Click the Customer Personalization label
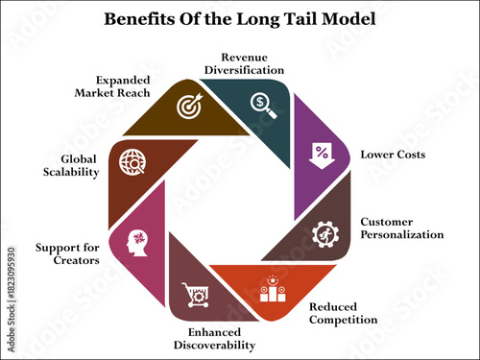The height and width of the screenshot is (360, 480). coord(401,228)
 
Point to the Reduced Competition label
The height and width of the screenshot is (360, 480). coord(342,313)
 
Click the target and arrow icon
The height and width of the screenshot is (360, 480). coord(188,108)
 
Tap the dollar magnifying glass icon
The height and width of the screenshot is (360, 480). coord(262,104)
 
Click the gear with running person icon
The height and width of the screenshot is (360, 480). coord(324,234)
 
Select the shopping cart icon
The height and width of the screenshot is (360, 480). coord(195,290)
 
